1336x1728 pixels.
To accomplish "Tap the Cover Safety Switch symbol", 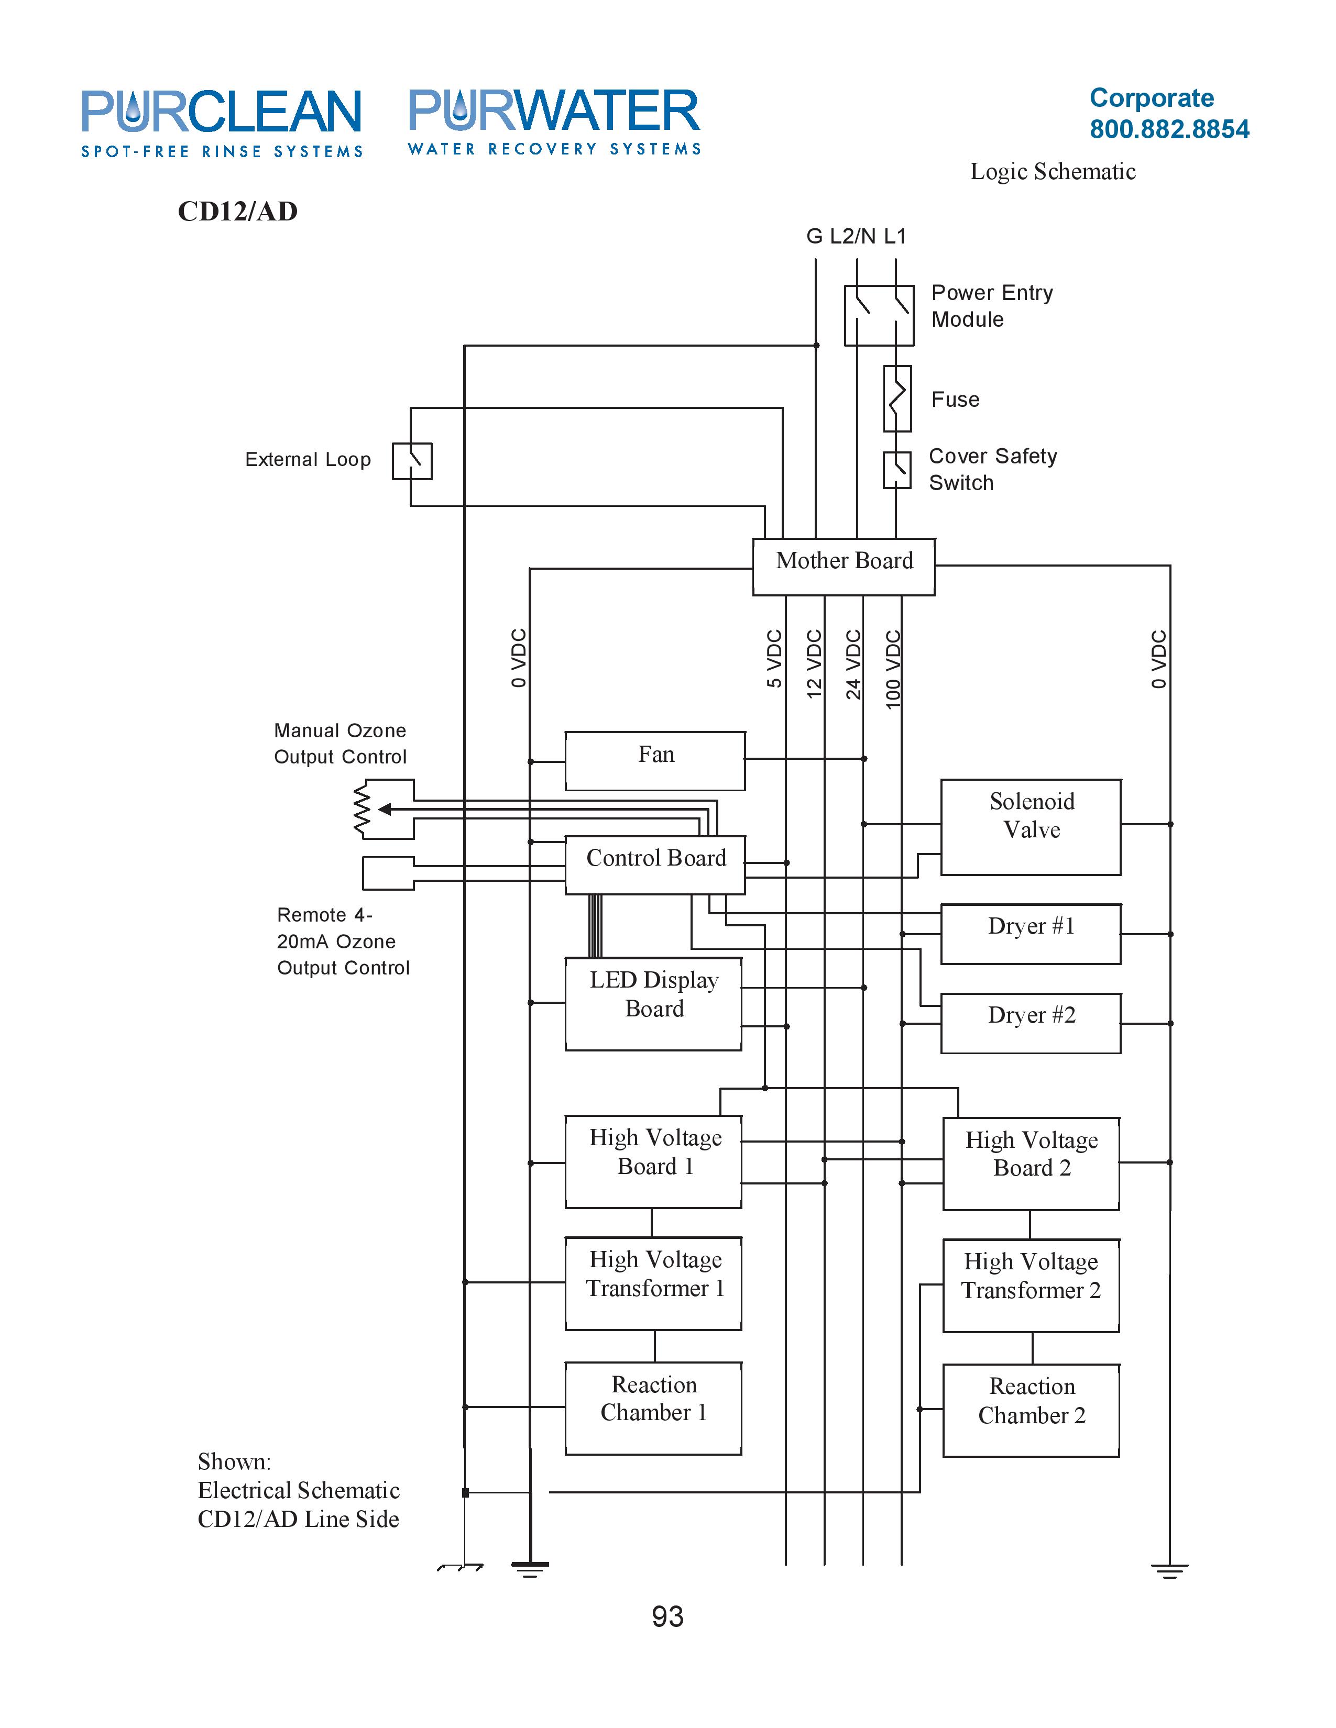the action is coord(897,470).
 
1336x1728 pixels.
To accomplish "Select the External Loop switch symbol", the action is coord(412,461).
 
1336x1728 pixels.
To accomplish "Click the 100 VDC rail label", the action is coord(893,669).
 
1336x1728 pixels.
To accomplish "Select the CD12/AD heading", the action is coord(237,211).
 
